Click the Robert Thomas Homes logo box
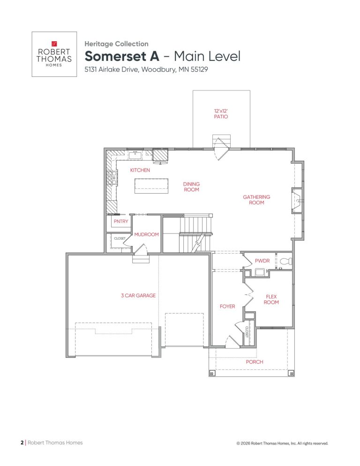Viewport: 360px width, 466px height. (54, 54)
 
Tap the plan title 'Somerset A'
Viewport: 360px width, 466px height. (122, 56)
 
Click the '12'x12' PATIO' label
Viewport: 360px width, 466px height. (221, 114)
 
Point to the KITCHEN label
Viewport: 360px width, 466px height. (140, 170)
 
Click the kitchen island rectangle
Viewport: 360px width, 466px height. (151, 186)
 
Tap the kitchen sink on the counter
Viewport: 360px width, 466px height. (135, 155)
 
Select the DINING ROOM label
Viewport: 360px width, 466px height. (191, 187)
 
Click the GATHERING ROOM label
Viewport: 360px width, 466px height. (256, 200)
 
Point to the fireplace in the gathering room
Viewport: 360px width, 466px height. (297, 200)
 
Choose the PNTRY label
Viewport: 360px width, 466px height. (121, 221)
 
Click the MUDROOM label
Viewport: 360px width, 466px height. (146, 234)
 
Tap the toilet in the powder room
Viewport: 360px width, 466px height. (286, 261)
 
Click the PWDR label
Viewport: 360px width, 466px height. (262, 261)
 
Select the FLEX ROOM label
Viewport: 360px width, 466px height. (271, 300)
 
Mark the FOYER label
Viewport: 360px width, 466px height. (227, 307)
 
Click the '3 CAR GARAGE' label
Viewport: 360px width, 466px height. (138, 296)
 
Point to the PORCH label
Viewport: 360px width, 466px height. (255, 362)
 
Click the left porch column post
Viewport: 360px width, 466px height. (212, 373)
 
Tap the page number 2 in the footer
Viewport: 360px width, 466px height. (22, 443)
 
